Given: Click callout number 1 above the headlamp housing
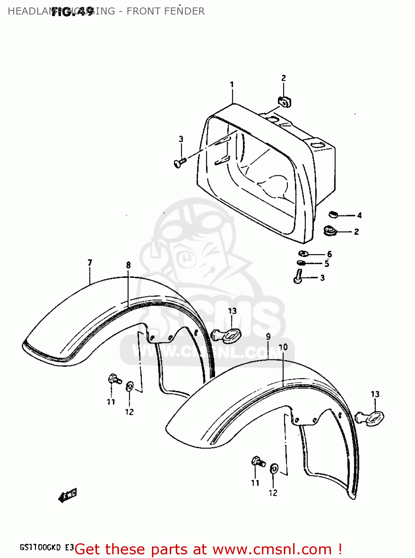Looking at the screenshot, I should (x=232, y=85).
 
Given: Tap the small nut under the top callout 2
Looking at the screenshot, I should (x=284, y=101).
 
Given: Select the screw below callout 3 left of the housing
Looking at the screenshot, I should (x=179, y=163).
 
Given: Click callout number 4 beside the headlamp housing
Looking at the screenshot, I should (x=359, y=215).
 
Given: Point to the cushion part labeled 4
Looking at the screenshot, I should (x=333, y=214).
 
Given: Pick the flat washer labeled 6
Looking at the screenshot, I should (x=303, y=254).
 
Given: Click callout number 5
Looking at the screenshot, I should (x=327, y=264).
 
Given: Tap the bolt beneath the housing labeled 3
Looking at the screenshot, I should (x=298, y=278).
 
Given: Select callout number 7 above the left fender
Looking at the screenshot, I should (x=90, y=263).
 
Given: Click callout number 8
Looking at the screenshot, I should (x=128, y=265).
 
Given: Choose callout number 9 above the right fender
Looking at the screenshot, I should (x=268, y=337).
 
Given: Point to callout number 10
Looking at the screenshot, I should (x=283, y=347).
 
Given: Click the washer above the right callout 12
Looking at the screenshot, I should (x=274, y=469).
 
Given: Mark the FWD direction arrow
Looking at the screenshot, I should (x=67, y=496).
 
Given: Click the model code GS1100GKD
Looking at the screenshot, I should (x=40, y=548).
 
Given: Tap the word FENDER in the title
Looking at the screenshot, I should (x=184, y=11).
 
